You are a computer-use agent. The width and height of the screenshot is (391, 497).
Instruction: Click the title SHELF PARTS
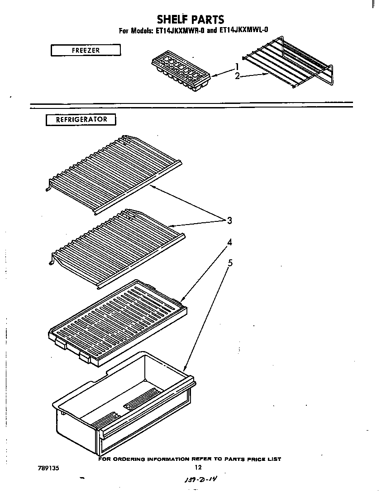point(190,19)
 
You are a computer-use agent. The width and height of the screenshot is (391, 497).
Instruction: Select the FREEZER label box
point(86,50)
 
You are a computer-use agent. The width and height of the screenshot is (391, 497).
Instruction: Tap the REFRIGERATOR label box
point(81,120)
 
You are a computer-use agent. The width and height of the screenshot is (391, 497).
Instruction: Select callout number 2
point(237,76)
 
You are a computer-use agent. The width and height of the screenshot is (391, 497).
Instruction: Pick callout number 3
point(229,220)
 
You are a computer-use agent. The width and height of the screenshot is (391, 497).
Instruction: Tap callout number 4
point(230,242)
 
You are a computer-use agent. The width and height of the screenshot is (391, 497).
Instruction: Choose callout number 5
point(230,263)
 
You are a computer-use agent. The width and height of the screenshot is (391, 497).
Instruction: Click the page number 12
point(197,468)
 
